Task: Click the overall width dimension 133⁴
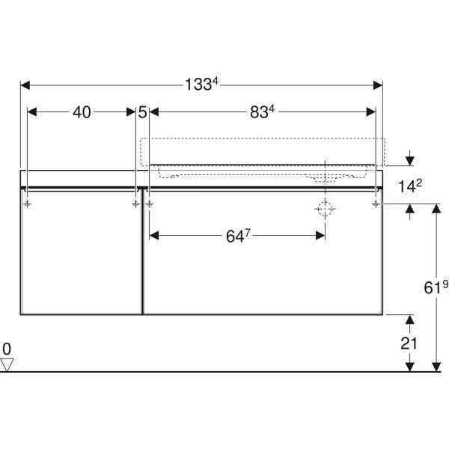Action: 201,84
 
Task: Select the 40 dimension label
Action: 82,112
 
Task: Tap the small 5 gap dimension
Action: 142,112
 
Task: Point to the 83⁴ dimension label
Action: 262,112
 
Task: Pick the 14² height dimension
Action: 410,186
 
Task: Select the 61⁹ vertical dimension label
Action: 436,287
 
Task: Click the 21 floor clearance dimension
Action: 409,343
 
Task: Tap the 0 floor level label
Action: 7,349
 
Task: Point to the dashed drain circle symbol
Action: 325,209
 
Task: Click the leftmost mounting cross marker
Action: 27,204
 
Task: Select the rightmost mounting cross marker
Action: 376,204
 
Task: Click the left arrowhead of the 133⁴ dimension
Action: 25,85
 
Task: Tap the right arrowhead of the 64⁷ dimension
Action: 320,236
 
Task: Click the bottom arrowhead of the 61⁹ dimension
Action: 436,367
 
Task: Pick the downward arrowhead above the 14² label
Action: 410,161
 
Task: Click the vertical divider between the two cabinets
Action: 142,252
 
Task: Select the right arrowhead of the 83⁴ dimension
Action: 371,112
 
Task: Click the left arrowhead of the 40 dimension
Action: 31,112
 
